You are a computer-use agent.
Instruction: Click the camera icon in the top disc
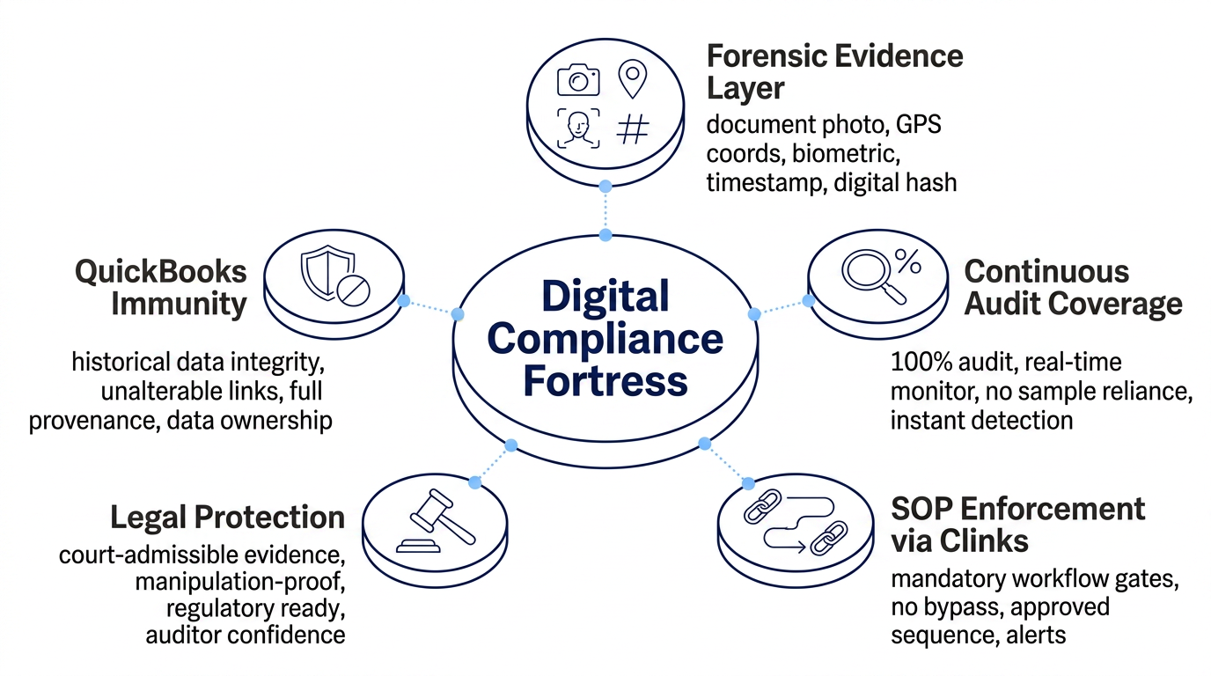coord(578,80)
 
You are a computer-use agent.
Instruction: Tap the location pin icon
coord(632,79)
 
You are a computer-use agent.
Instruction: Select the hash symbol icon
coord(633,129)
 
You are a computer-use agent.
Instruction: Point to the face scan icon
coord(578,129)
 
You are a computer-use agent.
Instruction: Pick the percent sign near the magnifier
coord(908,261)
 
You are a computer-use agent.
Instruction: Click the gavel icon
coord(436,521)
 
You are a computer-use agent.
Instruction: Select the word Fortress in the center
coord(605,381)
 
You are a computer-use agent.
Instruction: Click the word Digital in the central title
coord(605,298)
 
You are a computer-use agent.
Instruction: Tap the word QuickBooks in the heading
coord(160,271)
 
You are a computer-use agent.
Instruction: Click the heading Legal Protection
coord(228,517)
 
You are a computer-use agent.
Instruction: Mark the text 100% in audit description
coord(921,362)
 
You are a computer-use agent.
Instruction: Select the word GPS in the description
coord(919,124)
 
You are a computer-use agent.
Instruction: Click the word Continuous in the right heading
coord(1046,271)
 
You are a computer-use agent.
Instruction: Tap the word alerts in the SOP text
coord(1036,635)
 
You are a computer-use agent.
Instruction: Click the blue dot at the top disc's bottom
coord(605,187)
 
